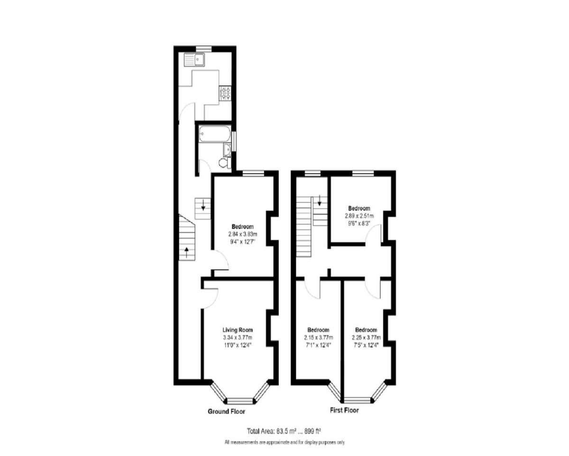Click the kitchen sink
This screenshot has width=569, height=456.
(194, 60)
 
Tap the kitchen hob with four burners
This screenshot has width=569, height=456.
(225, 93)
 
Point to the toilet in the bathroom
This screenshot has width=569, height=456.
(224, 163)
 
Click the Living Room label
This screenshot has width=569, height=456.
(238, 330)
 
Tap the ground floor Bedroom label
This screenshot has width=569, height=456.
(242, 227)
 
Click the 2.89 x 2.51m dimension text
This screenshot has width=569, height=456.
(359, 215)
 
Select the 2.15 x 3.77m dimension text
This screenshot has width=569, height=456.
(318, 338)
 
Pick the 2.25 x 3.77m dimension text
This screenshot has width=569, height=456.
(366, 338)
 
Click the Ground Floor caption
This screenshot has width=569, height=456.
(227, 411)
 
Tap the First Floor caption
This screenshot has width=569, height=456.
(344, 410)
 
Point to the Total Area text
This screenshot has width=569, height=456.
(284, 431)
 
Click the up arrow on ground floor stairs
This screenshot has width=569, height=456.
(187, 252)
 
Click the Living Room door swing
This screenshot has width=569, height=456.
(210, 297)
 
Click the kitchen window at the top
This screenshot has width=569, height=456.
(204, 47)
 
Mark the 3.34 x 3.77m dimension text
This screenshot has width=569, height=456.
(238, 338)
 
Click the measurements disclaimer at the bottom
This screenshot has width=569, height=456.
(284, 443)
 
